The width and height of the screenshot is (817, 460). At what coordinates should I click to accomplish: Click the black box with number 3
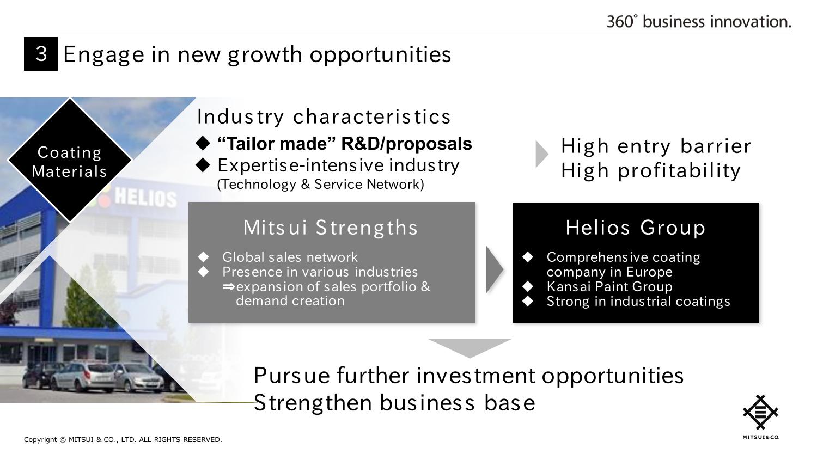41,53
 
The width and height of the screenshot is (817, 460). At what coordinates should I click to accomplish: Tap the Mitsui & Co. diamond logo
760,412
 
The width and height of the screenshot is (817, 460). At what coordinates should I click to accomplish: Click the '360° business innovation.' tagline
699,22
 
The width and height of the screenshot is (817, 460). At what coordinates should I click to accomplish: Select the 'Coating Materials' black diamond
70,160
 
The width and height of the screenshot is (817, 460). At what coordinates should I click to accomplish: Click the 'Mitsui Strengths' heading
331,228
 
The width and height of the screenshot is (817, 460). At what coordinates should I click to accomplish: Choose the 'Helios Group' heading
636,228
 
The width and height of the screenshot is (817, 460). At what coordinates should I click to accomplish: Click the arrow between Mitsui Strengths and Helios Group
495,269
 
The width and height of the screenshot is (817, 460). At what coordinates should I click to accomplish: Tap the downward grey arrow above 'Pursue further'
470,348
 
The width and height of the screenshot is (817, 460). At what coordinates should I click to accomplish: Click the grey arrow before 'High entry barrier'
541,154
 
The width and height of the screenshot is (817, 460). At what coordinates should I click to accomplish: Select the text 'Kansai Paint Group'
609,286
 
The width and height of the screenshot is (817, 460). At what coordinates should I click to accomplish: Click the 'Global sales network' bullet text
290,257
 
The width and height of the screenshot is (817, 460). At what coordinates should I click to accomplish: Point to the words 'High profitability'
651,170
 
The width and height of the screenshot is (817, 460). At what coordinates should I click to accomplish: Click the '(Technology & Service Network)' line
321,185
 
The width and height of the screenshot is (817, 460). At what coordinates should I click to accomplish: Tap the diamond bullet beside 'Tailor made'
203,143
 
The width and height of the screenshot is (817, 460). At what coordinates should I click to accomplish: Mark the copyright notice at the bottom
123,440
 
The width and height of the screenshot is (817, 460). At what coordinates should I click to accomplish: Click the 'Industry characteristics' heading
324,117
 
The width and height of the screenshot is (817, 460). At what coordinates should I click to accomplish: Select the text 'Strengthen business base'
395,403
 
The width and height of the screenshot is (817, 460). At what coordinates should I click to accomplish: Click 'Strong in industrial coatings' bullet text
638,302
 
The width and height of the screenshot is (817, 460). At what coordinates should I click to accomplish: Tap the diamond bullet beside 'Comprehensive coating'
528,257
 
